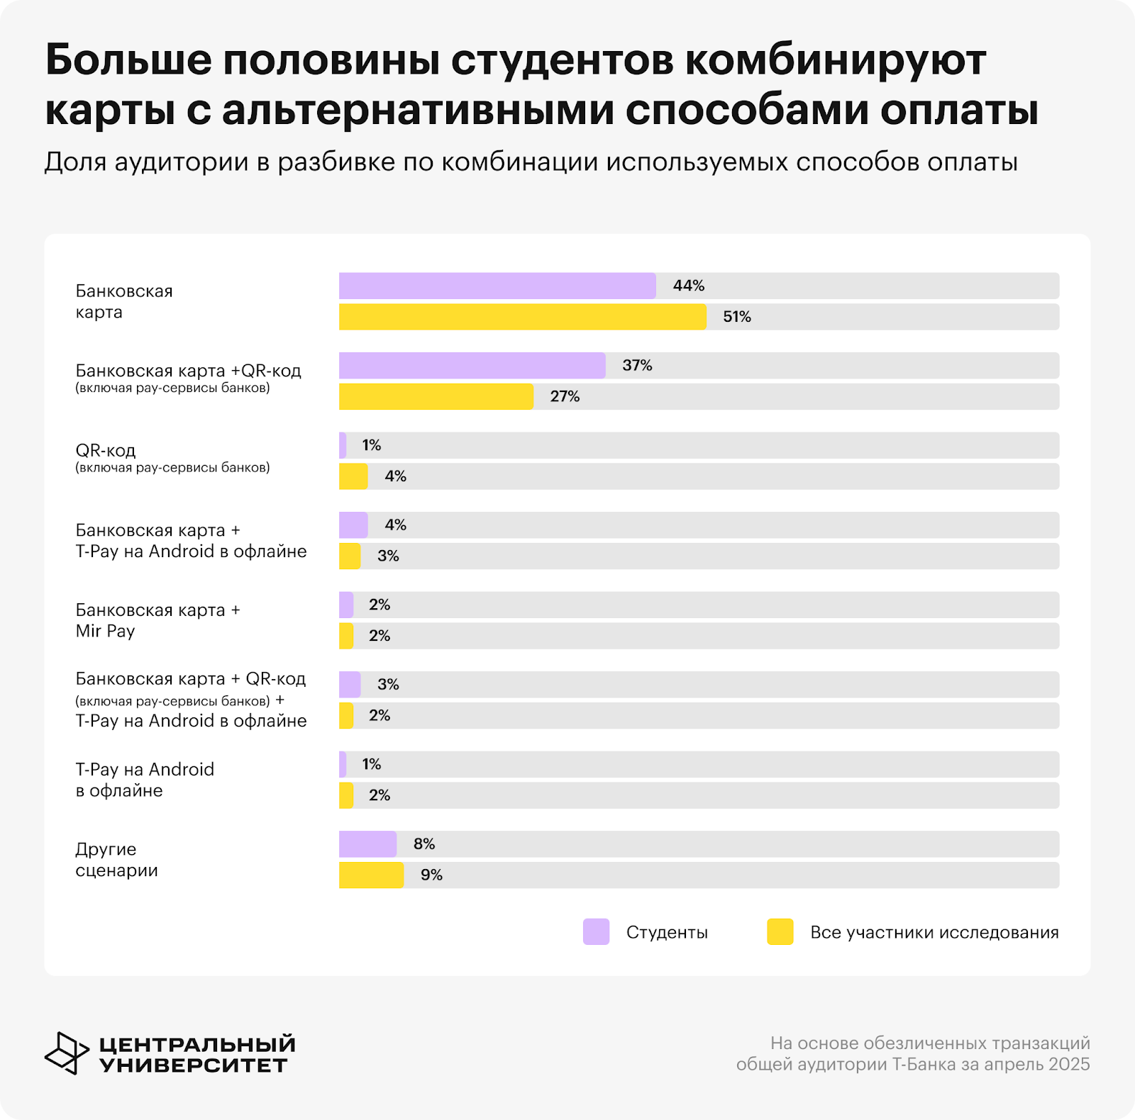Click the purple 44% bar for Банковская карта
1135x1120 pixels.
coord(497,286)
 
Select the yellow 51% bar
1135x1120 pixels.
coord(522,317)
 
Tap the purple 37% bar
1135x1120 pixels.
coord(472,366)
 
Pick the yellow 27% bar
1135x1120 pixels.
coord(436,397)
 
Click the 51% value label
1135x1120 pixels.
coord(736,317)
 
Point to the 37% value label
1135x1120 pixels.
coord(637,366)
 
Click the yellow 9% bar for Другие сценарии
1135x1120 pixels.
coord(371,875)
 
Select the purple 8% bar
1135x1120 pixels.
coord(367,844)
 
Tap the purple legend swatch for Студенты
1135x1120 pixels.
coord(596,932)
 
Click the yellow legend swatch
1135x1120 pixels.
coord(780,932)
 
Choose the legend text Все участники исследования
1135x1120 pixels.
coord(934,932)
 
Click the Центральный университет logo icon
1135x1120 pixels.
coord(67,1053)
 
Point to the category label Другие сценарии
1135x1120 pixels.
coord(116,860)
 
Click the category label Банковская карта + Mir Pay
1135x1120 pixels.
coord(157,620)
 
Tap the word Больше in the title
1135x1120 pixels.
coord(128,61)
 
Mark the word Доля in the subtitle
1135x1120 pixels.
coord(74,162)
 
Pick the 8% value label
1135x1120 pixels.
coord(424,844)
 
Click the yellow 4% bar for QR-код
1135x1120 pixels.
coord(353,476)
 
